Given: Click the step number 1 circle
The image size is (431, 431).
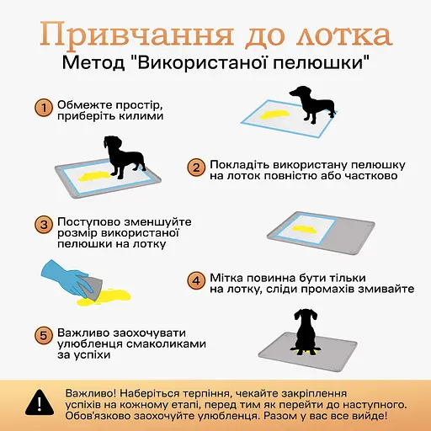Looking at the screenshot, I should click(43, 108).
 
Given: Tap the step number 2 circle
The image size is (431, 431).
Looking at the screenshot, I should click(194, 168).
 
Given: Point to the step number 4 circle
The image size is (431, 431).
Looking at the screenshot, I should click(194, 280).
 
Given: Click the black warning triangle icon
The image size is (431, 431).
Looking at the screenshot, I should click(35, 402).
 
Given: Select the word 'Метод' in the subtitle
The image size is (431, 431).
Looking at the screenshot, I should click(95, 64).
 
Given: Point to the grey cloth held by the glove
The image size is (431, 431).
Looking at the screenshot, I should click(93, 286).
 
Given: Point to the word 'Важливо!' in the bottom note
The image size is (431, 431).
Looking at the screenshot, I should click(92, 393).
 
